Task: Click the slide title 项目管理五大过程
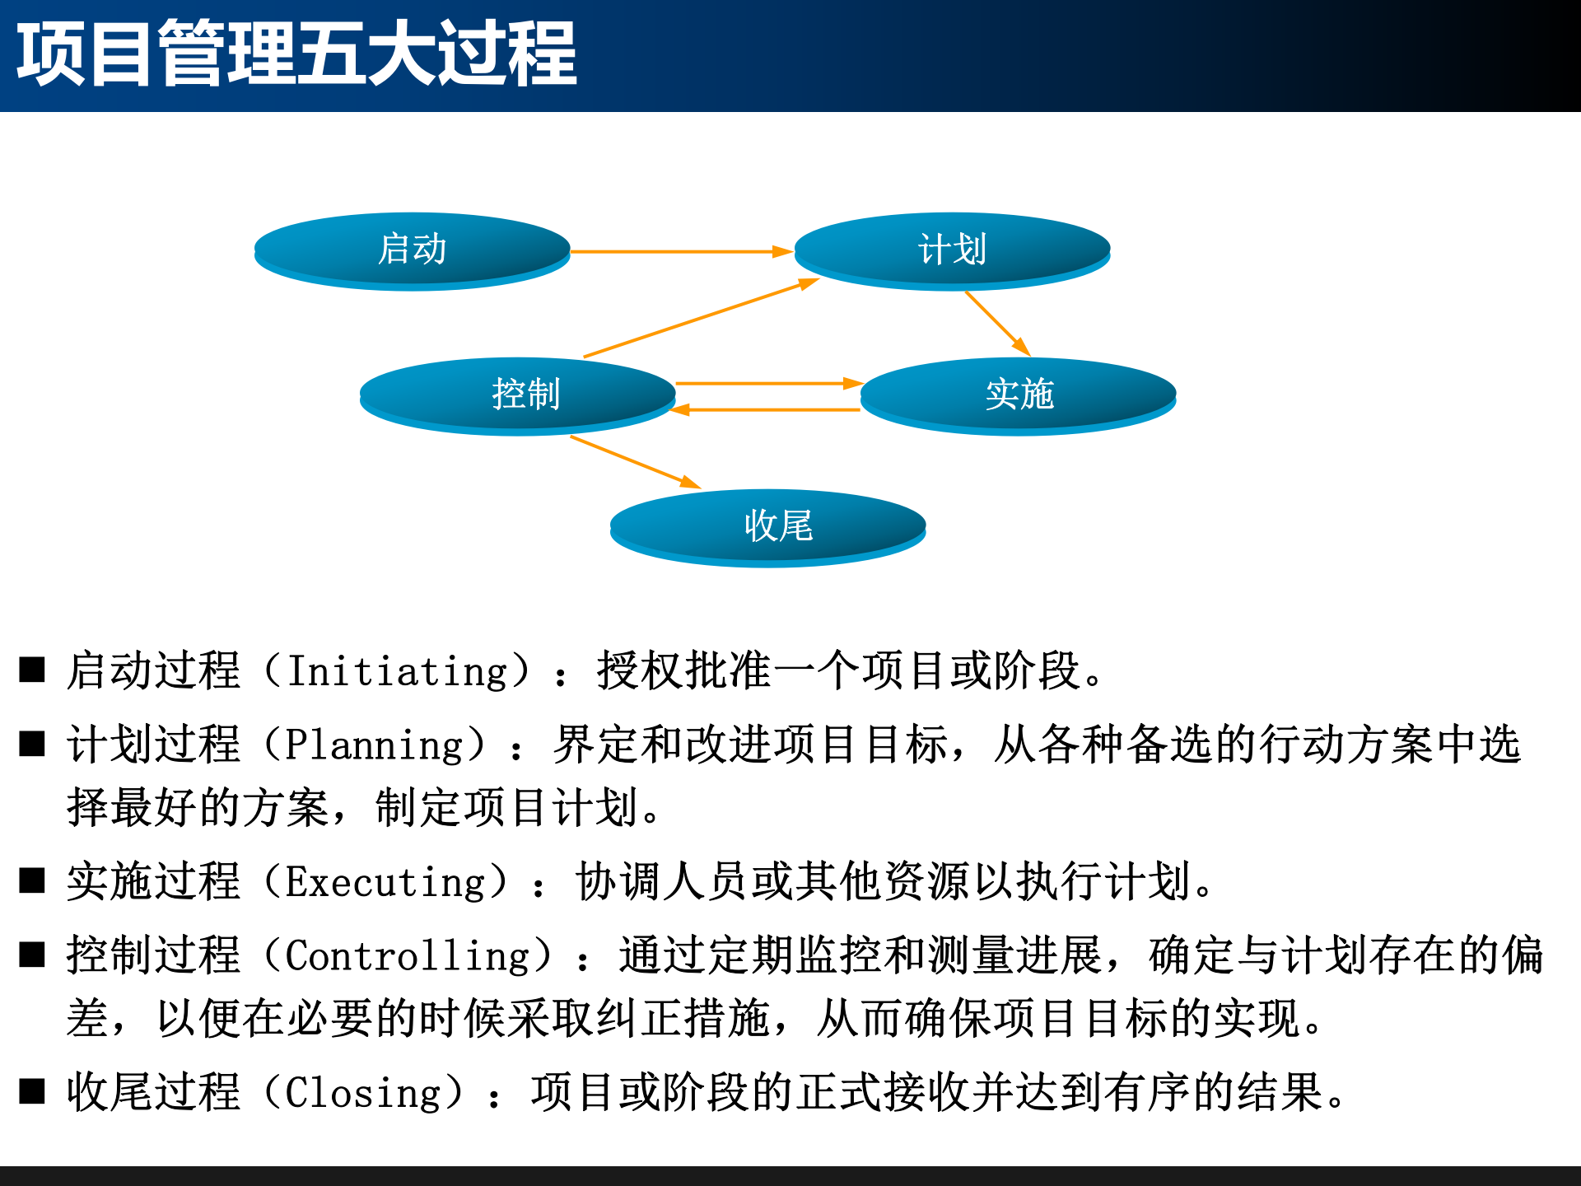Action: (296, 54)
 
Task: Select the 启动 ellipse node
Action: (412, 250)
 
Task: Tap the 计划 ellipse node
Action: (952, 250)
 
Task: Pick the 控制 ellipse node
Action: (518, 395)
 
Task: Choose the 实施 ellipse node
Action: (1019, 395)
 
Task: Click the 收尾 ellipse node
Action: (767, 526)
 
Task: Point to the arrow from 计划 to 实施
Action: (997, 323)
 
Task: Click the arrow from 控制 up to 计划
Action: (700, 318)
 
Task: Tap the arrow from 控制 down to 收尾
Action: (634, 462)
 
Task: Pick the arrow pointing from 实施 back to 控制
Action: (766, 409)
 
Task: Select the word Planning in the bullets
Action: (375, 745)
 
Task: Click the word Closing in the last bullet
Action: (363, 1093)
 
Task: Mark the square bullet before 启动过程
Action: (32, 670)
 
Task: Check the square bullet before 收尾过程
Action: (32, 1091)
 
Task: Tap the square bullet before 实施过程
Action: (32, 880)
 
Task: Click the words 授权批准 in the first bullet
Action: (683, 670)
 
